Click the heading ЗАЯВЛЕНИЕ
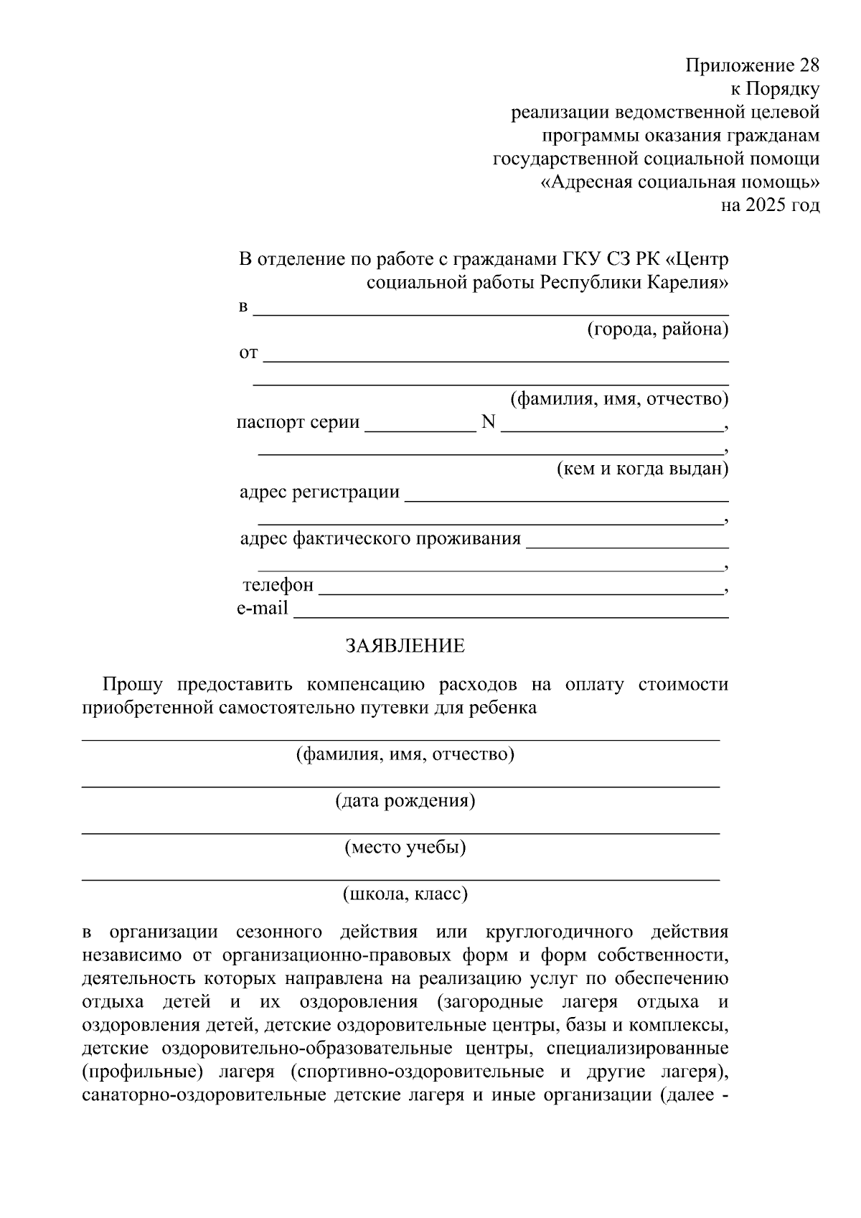tap(405, 646)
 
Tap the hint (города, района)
tap(658, 329)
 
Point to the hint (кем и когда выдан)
tap(643, 469)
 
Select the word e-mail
tap(263, 609)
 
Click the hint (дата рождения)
tap(405, 800)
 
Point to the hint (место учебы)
tap(405, 847)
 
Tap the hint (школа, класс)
tap(405, 894)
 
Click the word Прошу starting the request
tap(133, 684)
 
